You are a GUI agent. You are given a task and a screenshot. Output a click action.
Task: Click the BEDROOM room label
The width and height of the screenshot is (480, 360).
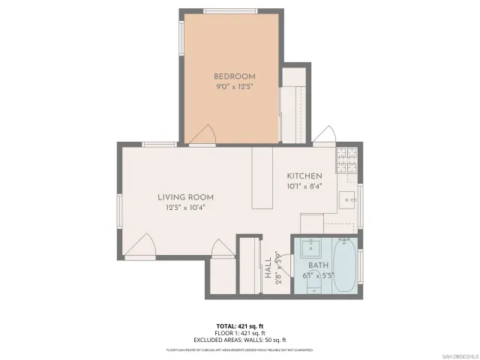[234, 76]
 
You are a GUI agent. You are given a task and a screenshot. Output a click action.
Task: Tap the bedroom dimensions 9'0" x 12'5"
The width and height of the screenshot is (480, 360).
[234, 87]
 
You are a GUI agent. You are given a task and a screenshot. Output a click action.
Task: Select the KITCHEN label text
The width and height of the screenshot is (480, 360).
[304, 175]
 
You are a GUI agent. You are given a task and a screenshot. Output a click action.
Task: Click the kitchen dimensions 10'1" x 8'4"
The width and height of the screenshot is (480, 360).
[304, 186]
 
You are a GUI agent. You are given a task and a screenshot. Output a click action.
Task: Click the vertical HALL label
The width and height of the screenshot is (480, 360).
[268, 268]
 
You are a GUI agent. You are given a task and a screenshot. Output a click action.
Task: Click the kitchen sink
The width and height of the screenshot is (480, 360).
[346, 199]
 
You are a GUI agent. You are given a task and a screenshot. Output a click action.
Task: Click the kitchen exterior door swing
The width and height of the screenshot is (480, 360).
[324, 135]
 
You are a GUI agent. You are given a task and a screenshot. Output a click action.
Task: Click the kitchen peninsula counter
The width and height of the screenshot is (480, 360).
[262, 178]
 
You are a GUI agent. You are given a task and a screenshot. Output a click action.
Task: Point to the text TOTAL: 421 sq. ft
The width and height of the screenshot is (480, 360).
[240, 326]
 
